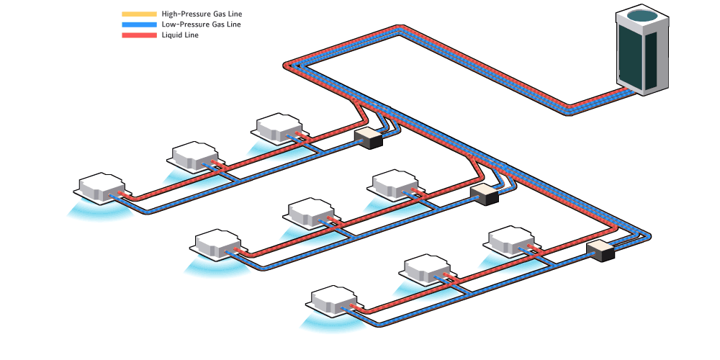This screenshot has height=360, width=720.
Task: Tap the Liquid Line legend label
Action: [x=180, y=35]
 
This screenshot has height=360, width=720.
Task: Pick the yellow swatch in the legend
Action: [x=139, y=14]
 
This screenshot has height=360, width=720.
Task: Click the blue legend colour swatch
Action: [x=139, y=24]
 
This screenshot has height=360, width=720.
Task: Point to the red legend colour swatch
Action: [x=139, y=35]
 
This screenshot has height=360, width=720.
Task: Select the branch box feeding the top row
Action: [x=369, y=138]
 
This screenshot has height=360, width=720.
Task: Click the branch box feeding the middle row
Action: [x=485, y=194]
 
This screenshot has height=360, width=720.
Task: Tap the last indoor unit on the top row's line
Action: [x=102, y=187]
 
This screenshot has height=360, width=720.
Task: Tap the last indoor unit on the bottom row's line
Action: [x=333, y=302]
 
